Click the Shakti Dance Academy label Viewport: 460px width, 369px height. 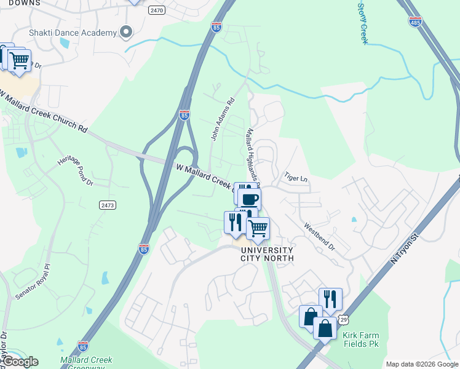click(x=73, y=33)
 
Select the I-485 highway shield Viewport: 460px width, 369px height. click(x=415, y=22)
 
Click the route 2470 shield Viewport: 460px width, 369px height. click(x=157, y=10)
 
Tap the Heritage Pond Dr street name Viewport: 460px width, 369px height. click(x=75, y=170)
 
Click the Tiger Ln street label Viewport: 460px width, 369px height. click(x=295, y=178)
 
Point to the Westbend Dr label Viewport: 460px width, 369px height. click(x=319, y=236)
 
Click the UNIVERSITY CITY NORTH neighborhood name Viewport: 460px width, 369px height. click(x=267, y=254)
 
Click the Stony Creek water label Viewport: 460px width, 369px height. click(x=362, y=22)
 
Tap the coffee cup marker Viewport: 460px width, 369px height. click(x=250, y=199)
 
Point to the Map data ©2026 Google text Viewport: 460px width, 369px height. click(x=421, y=364)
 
